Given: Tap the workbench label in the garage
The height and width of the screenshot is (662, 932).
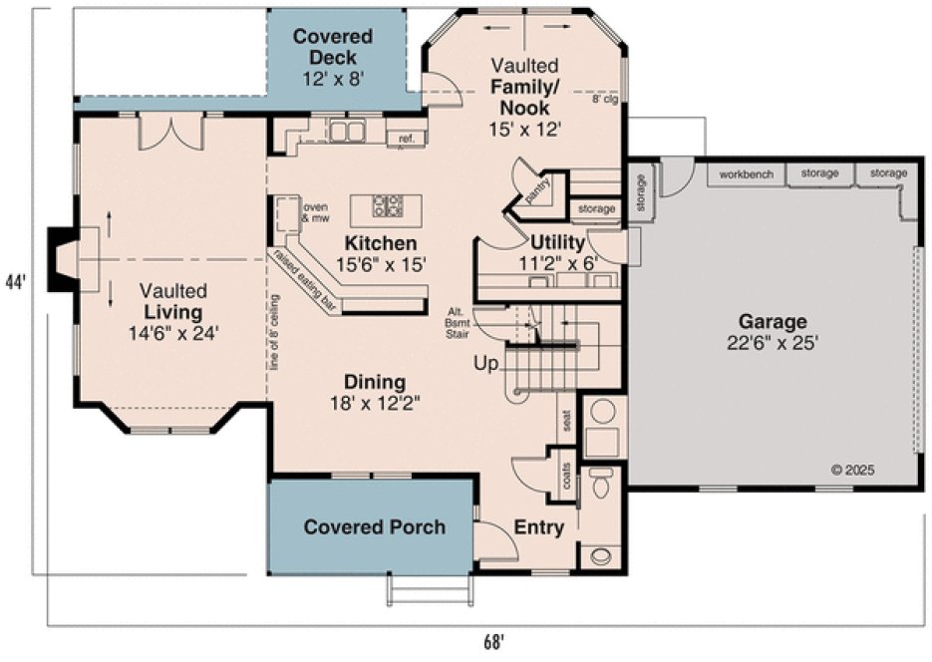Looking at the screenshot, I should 747,173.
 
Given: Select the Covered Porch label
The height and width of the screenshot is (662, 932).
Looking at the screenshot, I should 374,526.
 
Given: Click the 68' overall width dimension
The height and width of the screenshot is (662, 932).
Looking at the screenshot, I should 493,641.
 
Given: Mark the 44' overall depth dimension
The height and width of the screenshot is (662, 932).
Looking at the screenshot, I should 15,281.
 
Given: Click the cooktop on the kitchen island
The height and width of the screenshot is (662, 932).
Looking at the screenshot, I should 388,206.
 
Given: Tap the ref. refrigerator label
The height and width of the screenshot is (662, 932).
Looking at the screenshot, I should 407,139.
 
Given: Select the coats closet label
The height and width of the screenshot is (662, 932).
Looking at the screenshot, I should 566,481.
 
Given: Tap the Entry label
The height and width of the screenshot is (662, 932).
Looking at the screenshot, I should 538,527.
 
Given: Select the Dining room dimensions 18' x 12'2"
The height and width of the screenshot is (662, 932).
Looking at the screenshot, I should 374,404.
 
